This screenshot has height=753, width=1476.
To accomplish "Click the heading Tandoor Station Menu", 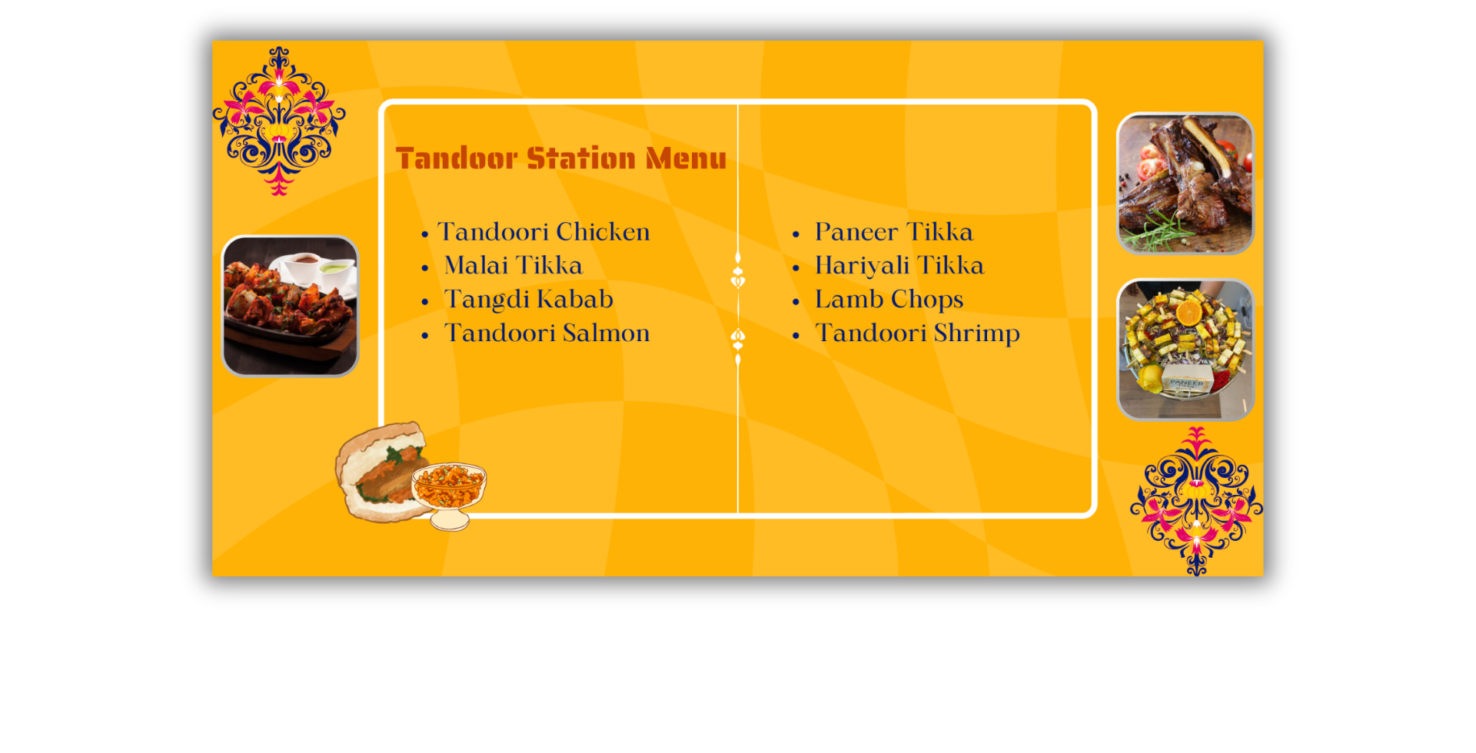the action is point(560,158).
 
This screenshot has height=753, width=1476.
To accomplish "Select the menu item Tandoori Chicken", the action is point(544,232).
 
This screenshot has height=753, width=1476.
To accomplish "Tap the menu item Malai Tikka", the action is point(514,265).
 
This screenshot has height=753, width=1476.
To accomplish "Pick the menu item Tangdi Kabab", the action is point(529,300).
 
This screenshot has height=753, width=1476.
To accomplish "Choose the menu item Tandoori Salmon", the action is point(547,333).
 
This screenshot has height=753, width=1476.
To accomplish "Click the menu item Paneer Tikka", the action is point(894,232).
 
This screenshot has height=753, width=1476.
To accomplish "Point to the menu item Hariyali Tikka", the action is point(899,266).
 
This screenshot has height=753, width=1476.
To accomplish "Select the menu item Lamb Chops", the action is point(889,300).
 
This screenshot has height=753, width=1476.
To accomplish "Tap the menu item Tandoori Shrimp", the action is point(917,333).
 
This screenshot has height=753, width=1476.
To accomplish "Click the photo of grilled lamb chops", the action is point(1185,184).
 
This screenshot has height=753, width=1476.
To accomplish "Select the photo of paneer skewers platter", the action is point(1185,350).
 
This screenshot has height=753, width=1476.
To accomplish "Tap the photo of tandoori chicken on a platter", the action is point(290,306).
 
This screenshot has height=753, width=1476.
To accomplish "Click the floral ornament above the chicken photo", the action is point(278,121).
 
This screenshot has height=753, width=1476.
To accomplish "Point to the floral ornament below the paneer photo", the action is point(1196,501).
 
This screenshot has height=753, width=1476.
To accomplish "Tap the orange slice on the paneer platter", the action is point(1189,313).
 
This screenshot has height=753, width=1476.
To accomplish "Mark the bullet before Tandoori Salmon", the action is point(425,336).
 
